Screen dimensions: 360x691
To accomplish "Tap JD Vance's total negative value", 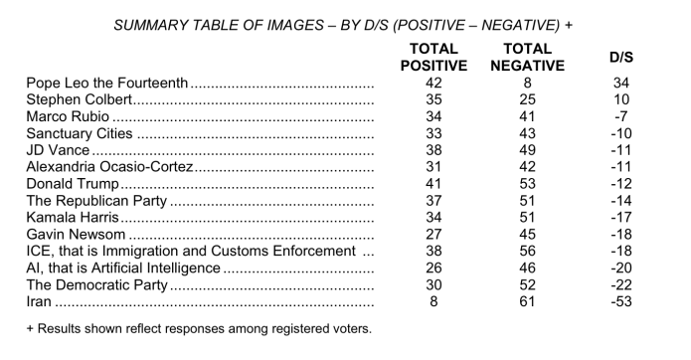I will pyautogui.click(x=527, y=151).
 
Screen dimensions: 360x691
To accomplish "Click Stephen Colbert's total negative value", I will pyautogui.click(x=527, y=101).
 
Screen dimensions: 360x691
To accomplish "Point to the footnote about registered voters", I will pyautogui.click(x=198, y=329).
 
